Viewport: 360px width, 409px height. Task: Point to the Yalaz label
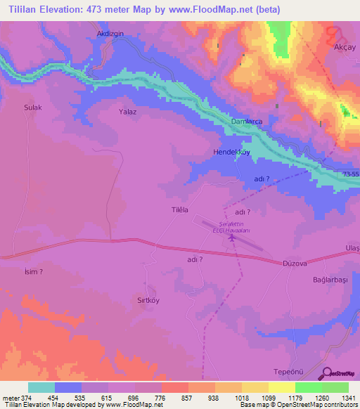point(127,111)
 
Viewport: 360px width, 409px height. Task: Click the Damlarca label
point(247,122)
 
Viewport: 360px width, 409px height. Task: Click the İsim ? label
point(34,271)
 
